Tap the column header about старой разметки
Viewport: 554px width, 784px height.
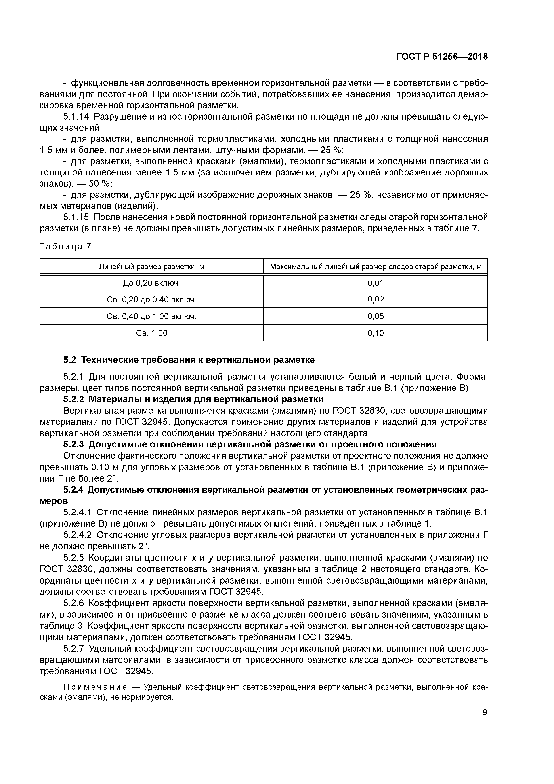pos(376,267)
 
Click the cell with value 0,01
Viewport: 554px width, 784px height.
pos(376,283)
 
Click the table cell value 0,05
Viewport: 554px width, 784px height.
pos(376,316)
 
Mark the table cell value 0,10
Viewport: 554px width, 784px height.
pos(376,333)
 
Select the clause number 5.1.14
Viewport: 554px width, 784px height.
pos(76,117)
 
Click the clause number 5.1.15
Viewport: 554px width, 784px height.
pos(76,217)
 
